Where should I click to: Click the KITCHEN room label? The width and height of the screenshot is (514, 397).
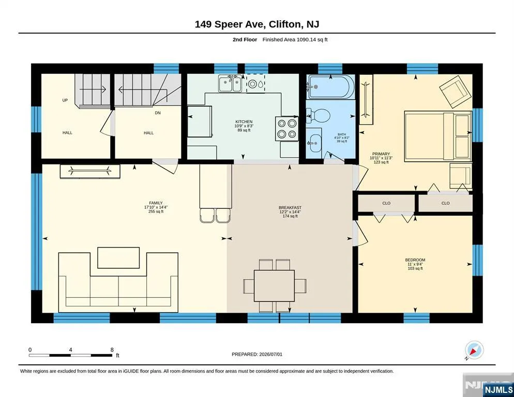click(244, 122)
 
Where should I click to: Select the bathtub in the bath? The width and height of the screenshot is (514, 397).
click(330, 87)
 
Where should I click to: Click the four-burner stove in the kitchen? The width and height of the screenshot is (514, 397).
click(287, 129)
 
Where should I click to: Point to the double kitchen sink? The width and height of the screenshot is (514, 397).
click(231, 84)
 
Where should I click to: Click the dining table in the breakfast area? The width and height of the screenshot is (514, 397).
click(274, 285)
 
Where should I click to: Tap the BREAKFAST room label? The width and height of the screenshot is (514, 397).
click(290, 207)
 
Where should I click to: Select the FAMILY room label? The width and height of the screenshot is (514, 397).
click(156, 203)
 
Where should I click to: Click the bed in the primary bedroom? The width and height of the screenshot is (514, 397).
click(438, 136)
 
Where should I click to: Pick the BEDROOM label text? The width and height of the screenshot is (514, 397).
click(415, 260)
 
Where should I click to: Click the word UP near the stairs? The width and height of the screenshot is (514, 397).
click(65, 100)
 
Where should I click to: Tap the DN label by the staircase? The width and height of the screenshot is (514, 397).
click(158, 113)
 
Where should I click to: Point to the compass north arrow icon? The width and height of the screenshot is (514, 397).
click(474, 350)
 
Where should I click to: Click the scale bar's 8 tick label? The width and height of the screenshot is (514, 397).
click(112, 350)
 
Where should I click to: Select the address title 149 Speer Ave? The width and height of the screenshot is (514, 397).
click(230, 24)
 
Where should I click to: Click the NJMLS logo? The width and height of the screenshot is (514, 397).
click(498, 389)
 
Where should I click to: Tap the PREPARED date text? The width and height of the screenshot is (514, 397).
click(257, 355)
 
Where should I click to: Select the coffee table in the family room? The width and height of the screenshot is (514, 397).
click(118, 258)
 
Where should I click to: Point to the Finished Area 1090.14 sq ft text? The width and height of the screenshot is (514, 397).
click(295, 40)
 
